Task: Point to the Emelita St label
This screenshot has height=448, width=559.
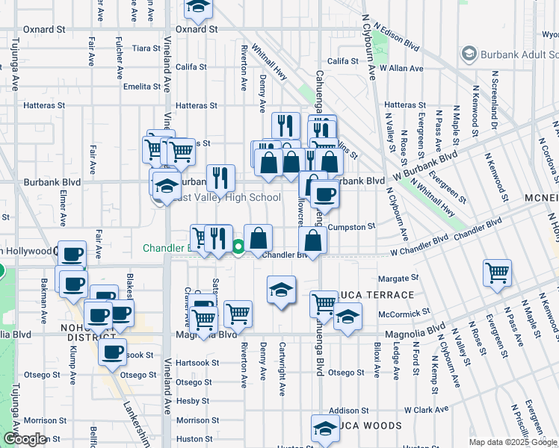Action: click(142, 87)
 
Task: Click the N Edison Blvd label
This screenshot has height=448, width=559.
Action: click(397, 38)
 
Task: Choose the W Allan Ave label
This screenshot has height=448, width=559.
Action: click(402, 68)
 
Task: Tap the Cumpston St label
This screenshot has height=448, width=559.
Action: click(351, 226)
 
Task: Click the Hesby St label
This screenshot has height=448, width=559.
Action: click(194, 401)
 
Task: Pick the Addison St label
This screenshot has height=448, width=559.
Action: click(349, 410)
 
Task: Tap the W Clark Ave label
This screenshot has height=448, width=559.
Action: click(426, 409)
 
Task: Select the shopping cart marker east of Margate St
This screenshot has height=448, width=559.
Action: click(497, 272)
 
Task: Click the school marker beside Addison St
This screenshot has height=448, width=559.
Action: click(325, 427)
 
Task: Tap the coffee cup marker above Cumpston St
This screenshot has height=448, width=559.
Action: click(324, 195)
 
